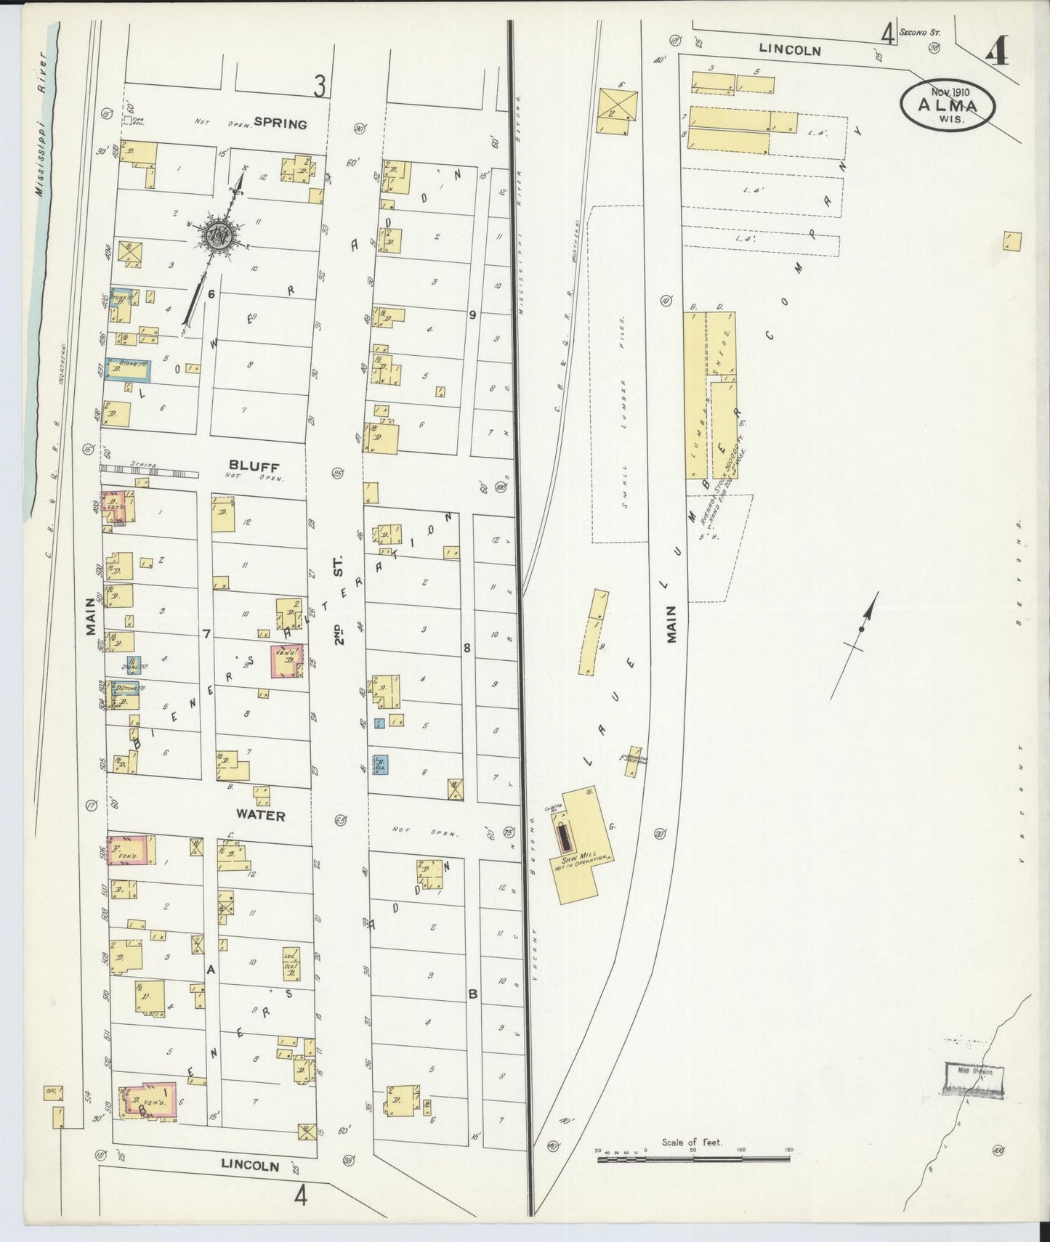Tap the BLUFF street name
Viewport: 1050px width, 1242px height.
(x=249, y=466)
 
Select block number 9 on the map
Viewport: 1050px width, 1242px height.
(x=472, y=314)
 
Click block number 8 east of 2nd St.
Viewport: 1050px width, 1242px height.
(x=467, y=647)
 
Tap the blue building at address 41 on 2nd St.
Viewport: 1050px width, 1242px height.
(x=380, y=764)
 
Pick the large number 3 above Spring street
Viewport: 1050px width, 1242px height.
(x=318, y=86)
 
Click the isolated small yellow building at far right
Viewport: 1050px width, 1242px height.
(x=1011, y=241)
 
